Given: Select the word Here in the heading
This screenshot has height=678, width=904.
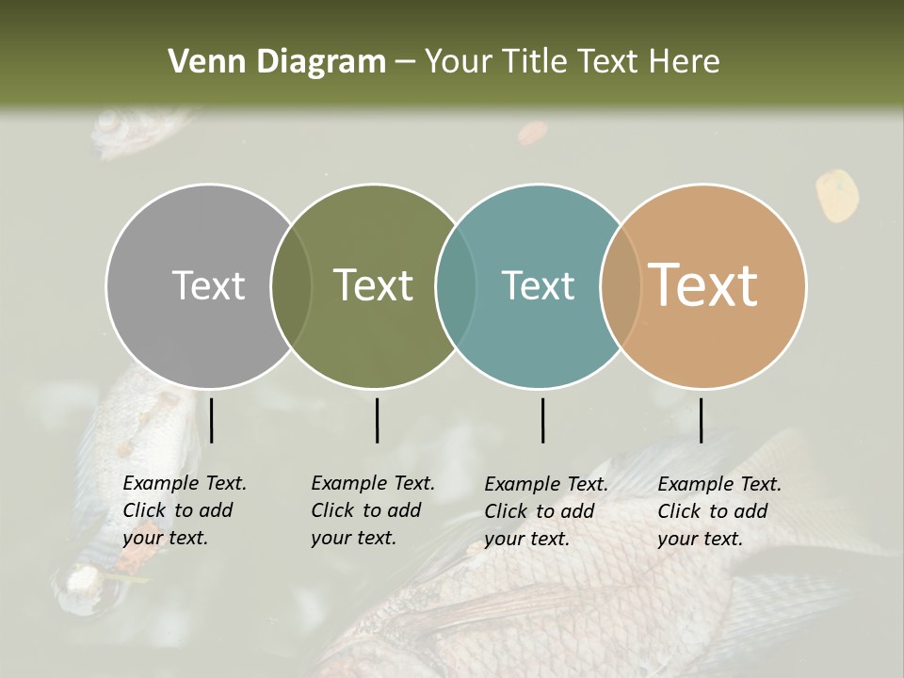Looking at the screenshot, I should (686, 62).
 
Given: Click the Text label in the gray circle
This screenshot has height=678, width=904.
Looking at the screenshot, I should (208, 285).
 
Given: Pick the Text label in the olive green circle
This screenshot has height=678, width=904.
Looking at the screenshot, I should (374, 285).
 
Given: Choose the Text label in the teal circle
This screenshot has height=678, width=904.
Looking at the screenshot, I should (538, 285).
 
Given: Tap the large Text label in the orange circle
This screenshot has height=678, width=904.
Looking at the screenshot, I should (703, 284).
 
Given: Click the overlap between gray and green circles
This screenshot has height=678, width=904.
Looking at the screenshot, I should (291, 286).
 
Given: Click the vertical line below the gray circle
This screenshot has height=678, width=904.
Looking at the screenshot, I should (211, 420).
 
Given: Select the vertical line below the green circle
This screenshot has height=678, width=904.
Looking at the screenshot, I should (377, 420).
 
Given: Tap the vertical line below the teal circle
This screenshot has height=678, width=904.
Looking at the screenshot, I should (542, 420).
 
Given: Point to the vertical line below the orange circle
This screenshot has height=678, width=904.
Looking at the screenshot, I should (701, 420).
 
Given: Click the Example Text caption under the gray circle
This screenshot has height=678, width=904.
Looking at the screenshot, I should (185, 510).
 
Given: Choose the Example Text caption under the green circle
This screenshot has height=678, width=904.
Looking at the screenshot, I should (373, 510).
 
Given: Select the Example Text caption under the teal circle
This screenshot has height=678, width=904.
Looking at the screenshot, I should (546, 511).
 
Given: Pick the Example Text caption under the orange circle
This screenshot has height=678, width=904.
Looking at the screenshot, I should (719, 511).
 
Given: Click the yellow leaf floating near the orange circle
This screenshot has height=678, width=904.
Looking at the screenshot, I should (836, 195).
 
